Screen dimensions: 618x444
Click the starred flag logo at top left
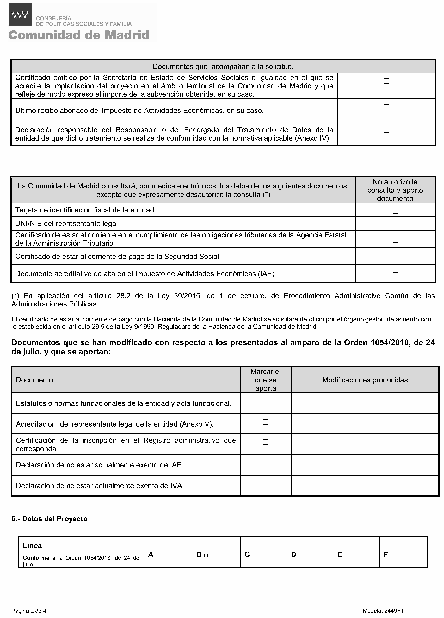click(x=20, y=15)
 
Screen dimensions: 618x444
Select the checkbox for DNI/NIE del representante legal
click(x=395, y=225)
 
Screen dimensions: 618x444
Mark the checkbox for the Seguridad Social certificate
click(x=395, y=257)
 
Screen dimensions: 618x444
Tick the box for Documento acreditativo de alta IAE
click(x=395, y=275)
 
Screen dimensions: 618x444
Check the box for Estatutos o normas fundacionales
click(x=265, y=405)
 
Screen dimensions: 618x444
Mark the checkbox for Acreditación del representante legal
click(x=265, y=422)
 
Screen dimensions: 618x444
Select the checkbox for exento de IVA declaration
click(x=265, y=483)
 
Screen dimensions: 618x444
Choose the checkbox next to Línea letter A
click(x=157, y=555)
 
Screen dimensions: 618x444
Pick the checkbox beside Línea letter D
click(x=300, y=555)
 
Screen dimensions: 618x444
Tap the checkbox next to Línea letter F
click(x=392, y=555)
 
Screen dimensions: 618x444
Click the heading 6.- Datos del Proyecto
click(x=51, y=519)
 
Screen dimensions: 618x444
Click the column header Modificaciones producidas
click(x=365, y=380)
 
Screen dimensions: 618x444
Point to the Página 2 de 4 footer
click(x=29, y=611)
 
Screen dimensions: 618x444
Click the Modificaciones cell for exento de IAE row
click(x=365, y=465)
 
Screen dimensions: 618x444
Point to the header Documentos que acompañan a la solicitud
click(x=223, y=66)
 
